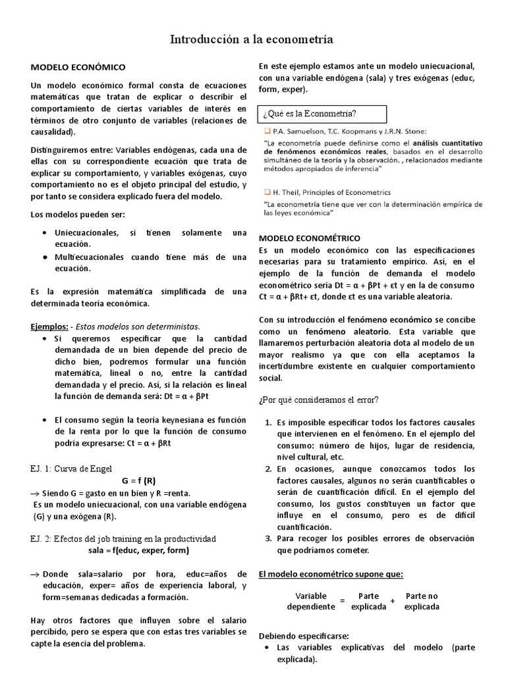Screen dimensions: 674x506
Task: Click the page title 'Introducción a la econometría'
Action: tap(252, 40)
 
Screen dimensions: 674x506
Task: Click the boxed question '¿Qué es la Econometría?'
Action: tap(310, 115)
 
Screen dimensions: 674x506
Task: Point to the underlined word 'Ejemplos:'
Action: tap(49, 326)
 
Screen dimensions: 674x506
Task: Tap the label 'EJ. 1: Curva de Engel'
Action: tap(71, 469)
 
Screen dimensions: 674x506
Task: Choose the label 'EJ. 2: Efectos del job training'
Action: tap(123, 539)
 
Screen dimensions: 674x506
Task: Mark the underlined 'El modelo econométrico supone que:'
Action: tap(326, 573)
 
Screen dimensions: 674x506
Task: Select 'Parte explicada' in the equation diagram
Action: tap(369, 601)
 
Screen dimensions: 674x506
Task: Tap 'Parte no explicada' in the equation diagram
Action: tap(422, 601)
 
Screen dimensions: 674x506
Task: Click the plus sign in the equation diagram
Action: tap(393, 601)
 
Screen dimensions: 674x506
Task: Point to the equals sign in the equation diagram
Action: tap(342, 601)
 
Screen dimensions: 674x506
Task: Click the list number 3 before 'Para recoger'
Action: tap(268, 538)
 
